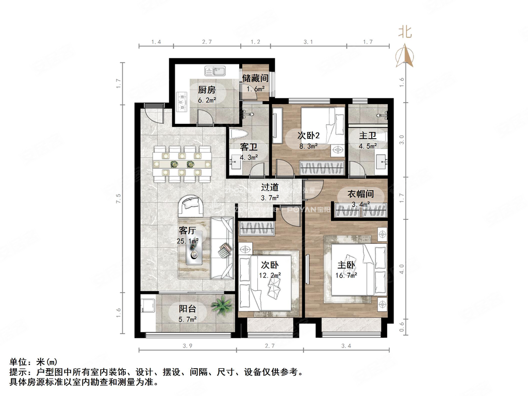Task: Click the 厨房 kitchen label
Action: tap(207, 89)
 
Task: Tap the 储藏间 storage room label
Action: tap(255, 79)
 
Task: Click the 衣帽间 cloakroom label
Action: tap(360, 195)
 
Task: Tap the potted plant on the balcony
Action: tap(221, 305)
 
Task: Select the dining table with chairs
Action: tap(183, 164)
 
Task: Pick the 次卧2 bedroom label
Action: tap(310, 136)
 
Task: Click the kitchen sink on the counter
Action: tap(212, 70)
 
